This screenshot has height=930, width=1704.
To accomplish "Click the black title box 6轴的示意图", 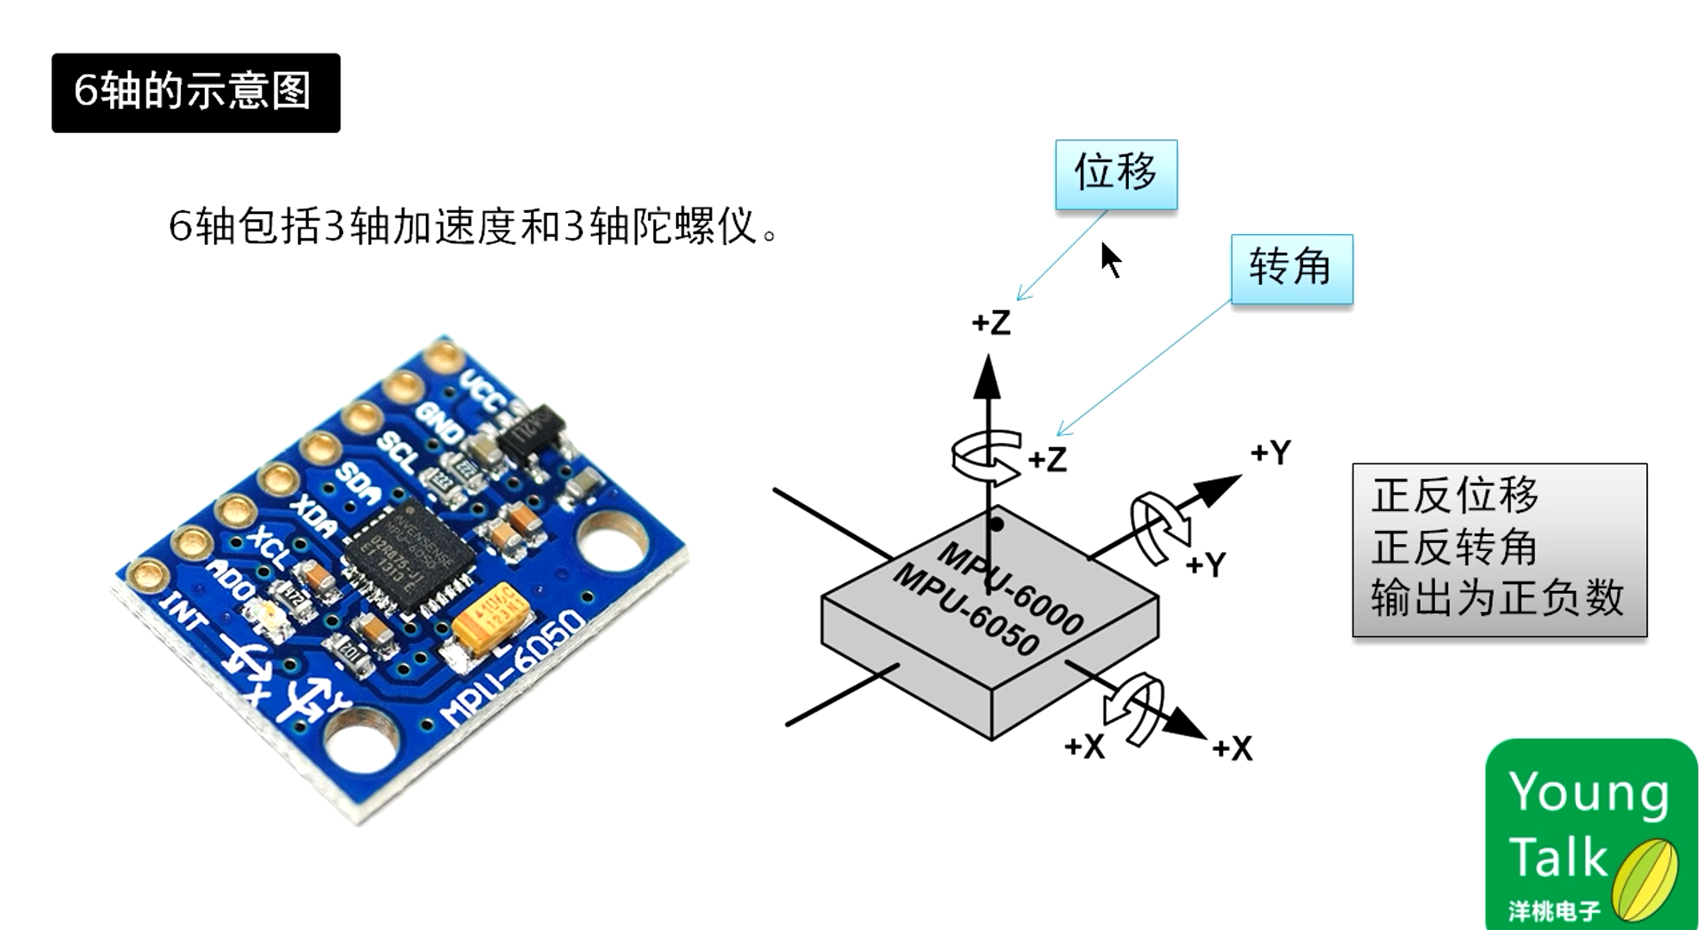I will click(x=195, y=92).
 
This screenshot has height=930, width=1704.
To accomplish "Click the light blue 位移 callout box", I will click(x=1116, y=174).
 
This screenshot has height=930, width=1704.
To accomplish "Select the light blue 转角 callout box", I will click(x=1291, y=269).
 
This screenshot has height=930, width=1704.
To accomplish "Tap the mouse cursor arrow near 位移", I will click(x=1109, y=260).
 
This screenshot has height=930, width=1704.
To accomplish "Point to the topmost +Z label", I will click(x=990, y=322).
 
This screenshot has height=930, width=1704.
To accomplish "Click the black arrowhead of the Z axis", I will click(x=987, y=378).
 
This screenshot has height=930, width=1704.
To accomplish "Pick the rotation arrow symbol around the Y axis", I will click(x=1159, y=528).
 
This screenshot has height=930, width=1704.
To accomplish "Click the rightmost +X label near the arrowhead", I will click(x=1232, y=748).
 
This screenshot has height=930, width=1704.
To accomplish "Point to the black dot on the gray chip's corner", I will click(x=997, y=524).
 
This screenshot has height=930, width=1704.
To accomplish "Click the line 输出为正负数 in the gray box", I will click(x=1497, y=597).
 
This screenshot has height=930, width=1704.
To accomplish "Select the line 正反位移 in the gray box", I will click(x=1455, y=495).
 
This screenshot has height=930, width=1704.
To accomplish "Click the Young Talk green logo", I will click(x=1590, y=833).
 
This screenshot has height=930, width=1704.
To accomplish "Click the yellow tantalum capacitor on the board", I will click(x=491, y=614).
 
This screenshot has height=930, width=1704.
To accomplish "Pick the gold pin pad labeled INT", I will click(x=148, y=577).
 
